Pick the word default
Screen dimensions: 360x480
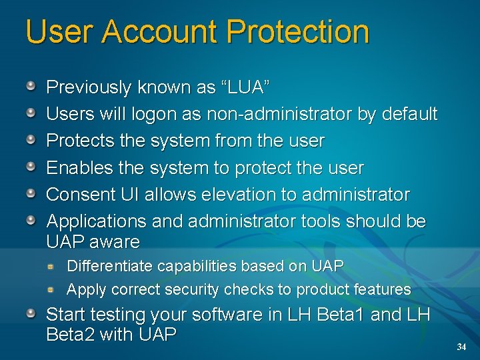[x=410, y=114]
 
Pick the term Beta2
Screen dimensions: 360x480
[x=70, y=334]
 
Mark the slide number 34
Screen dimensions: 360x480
[x=461, y=347]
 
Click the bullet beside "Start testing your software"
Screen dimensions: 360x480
[x=31, y=313]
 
